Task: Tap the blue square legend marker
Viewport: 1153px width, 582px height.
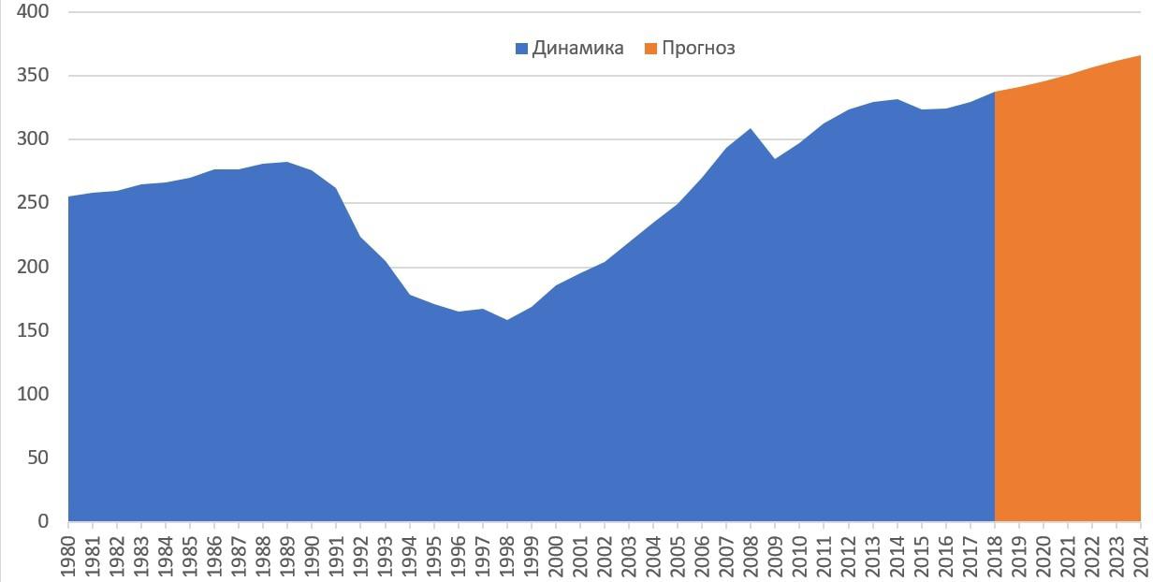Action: pyautogui.click(x=521, y=49)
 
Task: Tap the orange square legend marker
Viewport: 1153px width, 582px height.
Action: pyautogui.click(x=650, y=49)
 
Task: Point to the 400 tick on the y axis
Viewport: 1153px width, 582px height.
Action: pyautogui.click(x=33, y=12)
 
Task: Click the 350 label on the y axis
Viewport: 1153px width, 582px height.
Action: pyautogui.click(x=33, y=76)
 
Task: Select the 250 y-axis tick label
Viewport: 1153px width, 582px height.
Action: pyautogui.click(x=33, y=203)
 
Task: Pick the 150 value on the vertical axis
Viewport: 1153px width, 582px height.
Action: pyautogui.click(x=33, y=330)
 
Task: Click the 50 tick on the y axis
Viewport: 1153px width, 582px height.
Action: pyautogui.click(x=38, y=458)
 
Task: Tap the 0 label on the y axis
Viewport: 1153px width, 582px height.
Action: pyautogui.click(x=43, y=521)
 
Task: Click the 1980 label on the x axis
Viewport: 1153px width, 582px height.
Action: pyautogui.click(x=69, y=553)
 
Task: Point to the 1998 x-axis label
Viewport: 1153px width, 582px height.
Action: pyautogui.click(x=507, y=553)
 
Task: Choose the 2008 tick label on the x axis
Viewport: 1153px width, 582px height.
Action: pyautogui.click(x=751, y=553)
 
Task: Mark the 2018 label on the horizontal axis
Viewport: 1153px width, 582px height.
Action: pyautogui.click(x=994, y=553)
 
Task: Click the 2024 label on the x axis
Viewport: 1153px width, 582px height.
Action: pyautogui.click(x=1140, y=553)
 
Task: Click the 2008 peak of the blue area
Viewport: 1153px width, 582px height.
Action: pyautogui.click(x=751, y=129)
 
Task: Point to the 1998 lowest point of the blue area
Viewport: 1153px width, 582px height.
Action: pyautogui.click(x=507, y=320)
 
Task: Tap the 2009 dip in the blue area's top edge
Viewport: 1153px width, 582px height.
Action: pyautogui.click(x=775, y=159)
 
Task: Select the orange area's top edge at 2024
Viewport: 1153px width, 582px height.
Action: pyautogui.click(x=1139, y=56)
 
